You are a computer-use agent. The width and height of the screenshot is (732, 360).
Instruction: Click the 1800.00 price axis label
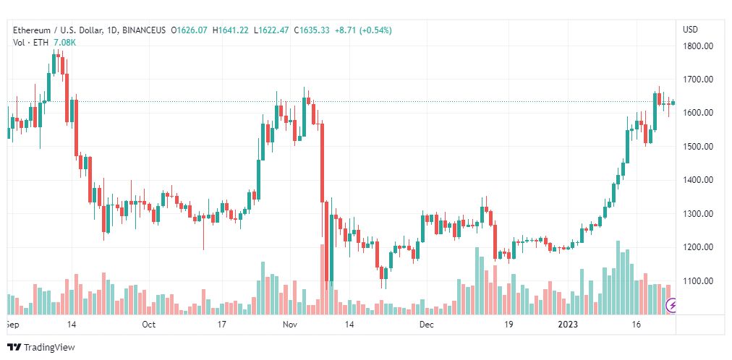tap(697, 46)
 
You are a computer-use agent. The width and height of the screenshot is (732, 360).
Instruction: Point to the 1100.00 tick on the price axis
tap(697, 280)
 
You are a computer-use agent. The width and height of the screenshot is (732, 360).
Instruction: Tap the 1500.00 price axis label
tap(697, 147)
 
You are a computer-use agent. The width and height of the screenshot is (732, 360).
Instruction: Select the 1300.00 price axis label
tap(697, 213)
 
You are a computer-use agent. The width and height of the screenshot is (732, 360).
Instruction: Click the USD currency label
tap(691, 30)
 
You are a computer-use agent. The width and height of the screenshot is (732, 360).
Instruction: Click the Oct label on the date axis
tap(148, 325)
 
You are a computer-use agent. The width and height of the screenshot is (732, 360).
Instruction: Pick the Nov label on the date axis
tap(291, 325)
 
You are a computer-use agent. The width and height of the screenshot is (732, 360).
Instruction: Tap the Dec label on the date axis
tap(426, 325)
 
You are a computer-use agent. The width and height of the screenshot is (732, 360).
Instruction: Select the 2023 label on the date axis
tap(569, 325)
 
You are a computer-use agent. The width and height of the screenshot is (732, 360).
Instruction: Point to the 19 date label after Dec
tap(508, 325)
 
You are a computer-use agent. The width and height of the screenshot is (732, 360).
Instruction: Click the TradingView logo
tap(41, 348)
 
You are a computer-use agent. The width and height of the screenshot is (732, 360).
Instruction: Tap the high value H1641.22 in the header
tap(231, 30)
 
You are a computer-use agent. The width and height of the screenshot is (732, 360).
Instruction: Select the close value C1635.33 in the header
tap(311, 30)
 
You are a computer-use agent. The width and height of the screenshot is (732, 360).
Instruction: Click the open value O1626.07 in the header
tap(190, 30)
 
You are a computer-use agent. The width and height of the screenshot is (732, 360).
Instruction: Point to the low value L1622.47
tap(271, 30)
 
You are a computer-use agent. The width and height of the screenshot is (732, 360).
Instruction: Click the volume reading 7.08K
tap(65, 43)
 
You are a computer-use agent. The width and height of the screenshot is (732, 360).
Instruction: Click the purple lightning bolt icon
tap(672, 306)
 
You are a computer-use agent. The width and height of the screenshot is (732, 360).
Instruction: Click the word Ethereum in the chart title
tap(32, 30)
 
